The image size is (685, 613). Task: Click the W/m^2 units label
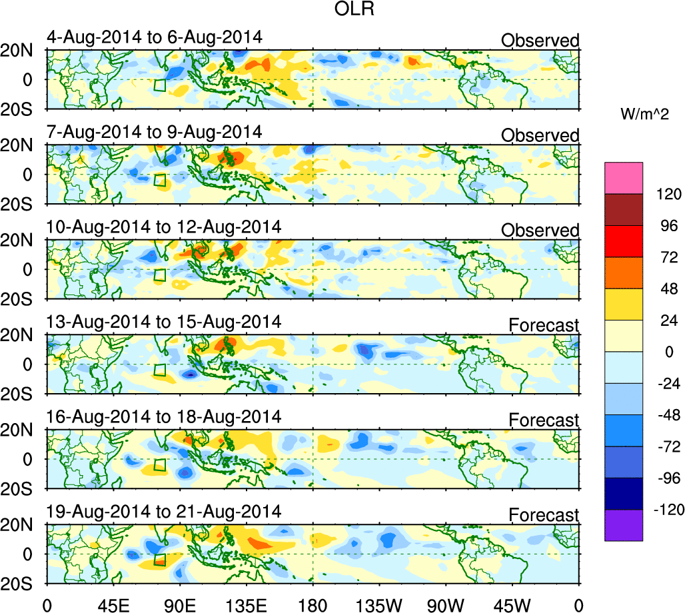pos(644,115)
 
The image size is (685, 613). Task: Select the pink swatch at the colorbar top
pos(624,177)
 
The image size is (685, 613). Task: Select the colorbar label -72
pos(664,446)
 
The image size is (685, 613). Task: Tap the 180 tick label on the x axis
pos(313,604)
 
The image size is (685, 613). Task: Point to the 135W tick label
pos(379,604)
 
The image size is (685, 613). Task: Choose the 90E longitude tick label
pos(179,604)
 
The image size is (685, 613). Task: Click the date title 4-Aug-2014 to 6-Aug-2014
pos(155,37)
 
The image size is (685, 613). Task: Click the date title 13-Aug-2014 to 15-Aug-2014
pos(164,322)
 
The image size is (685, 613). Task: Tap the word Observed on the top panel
pos(540,41)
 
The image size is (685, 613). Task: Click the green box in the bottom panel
pos(159,560)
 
